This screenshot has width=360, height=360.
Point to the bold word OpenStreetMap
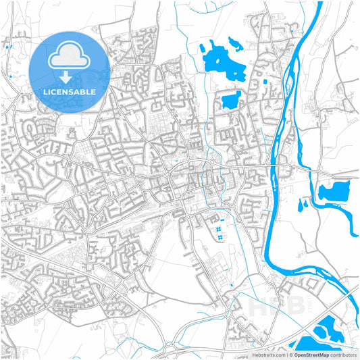[x=313, y=354]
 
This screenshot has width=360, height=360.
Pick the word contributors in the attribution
[x=344, y=354]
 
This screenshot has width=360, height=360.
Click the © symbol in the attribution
[x=291, y=354]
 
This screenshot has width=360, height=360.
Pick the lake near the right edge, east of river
[x=333, y=192]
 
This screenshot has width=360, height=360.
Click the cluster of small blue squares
[x=220, y=232]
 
